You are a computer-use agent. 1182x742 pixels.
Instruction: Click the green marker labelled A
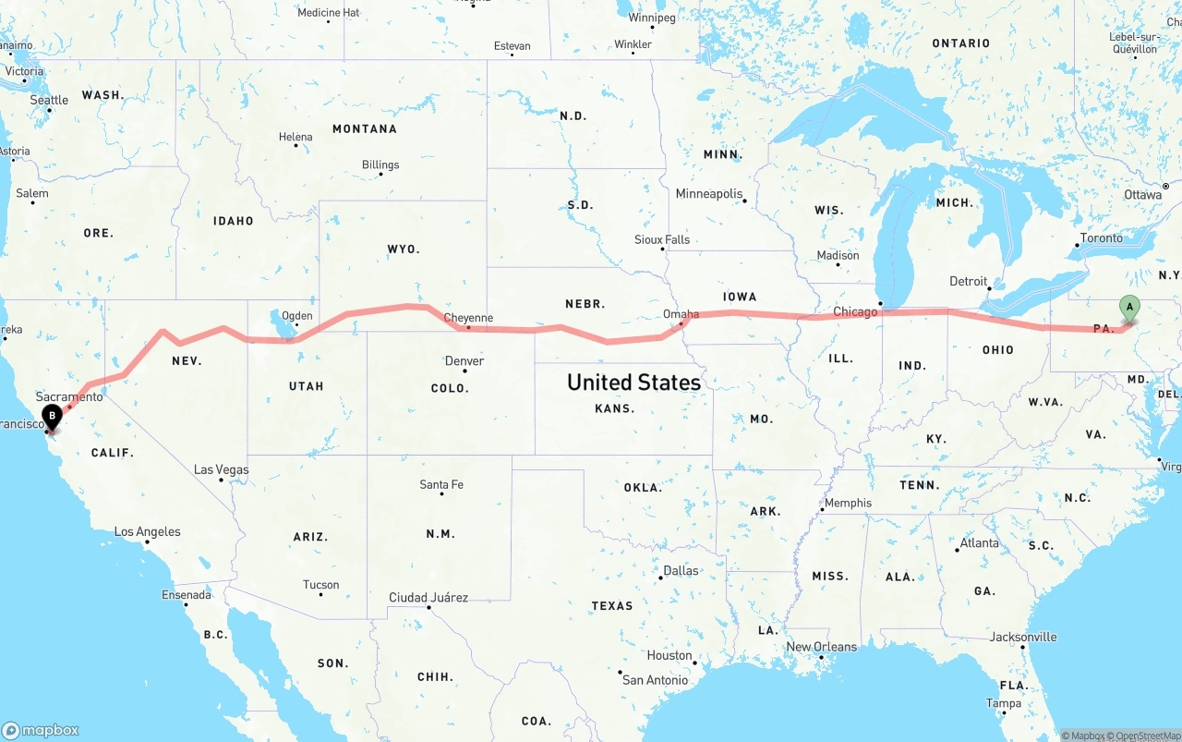pos(1128,309)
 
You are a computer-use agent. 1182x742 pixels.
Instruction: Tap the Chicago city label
pos(855,312)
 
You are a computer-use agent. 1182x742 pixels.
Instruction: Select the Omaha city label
pos(681,315)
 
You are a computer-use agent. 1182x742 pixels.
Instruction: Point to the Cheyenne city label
pos(468,318)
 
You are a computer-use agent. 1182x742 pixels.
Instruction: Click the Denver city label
pos(464,361)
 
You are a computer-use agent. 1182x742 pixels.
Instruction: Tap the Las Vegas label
pos(222,469)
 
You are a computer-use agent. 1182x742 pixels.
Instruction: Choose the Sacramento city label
pos(69,396)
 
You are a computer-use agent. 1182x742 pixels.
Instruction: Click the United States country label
pos(633,382)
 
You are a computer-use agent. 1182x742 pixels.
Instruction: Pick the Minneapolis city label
pos(709,194)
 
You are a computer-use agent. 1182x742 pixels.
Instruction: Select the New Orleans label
pos(821,647)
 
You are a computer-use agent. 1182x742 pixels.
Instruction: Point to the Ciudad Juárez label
pos(428,598)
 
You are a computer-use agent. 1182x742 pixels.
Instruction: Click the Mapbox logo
pos(41,730)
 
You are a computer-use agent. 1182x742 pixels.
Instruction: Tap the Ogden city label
pos(296,315)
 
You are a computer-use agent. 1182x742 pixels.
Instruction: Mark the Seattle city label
pos(49,100)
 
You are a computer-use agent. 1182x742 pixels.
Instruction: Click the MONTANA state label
pos(365,129)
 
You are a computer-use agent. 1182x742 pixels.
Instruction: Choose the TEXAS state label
pos(612,606)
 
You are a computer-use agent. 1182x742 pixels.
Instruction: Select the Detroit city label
pos(969,282)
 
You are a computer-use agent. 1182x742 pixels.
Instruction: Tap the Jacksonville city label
pos(1023,637)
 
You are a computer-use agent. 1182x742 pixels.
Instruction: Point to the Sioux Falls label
pos(662,240)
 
